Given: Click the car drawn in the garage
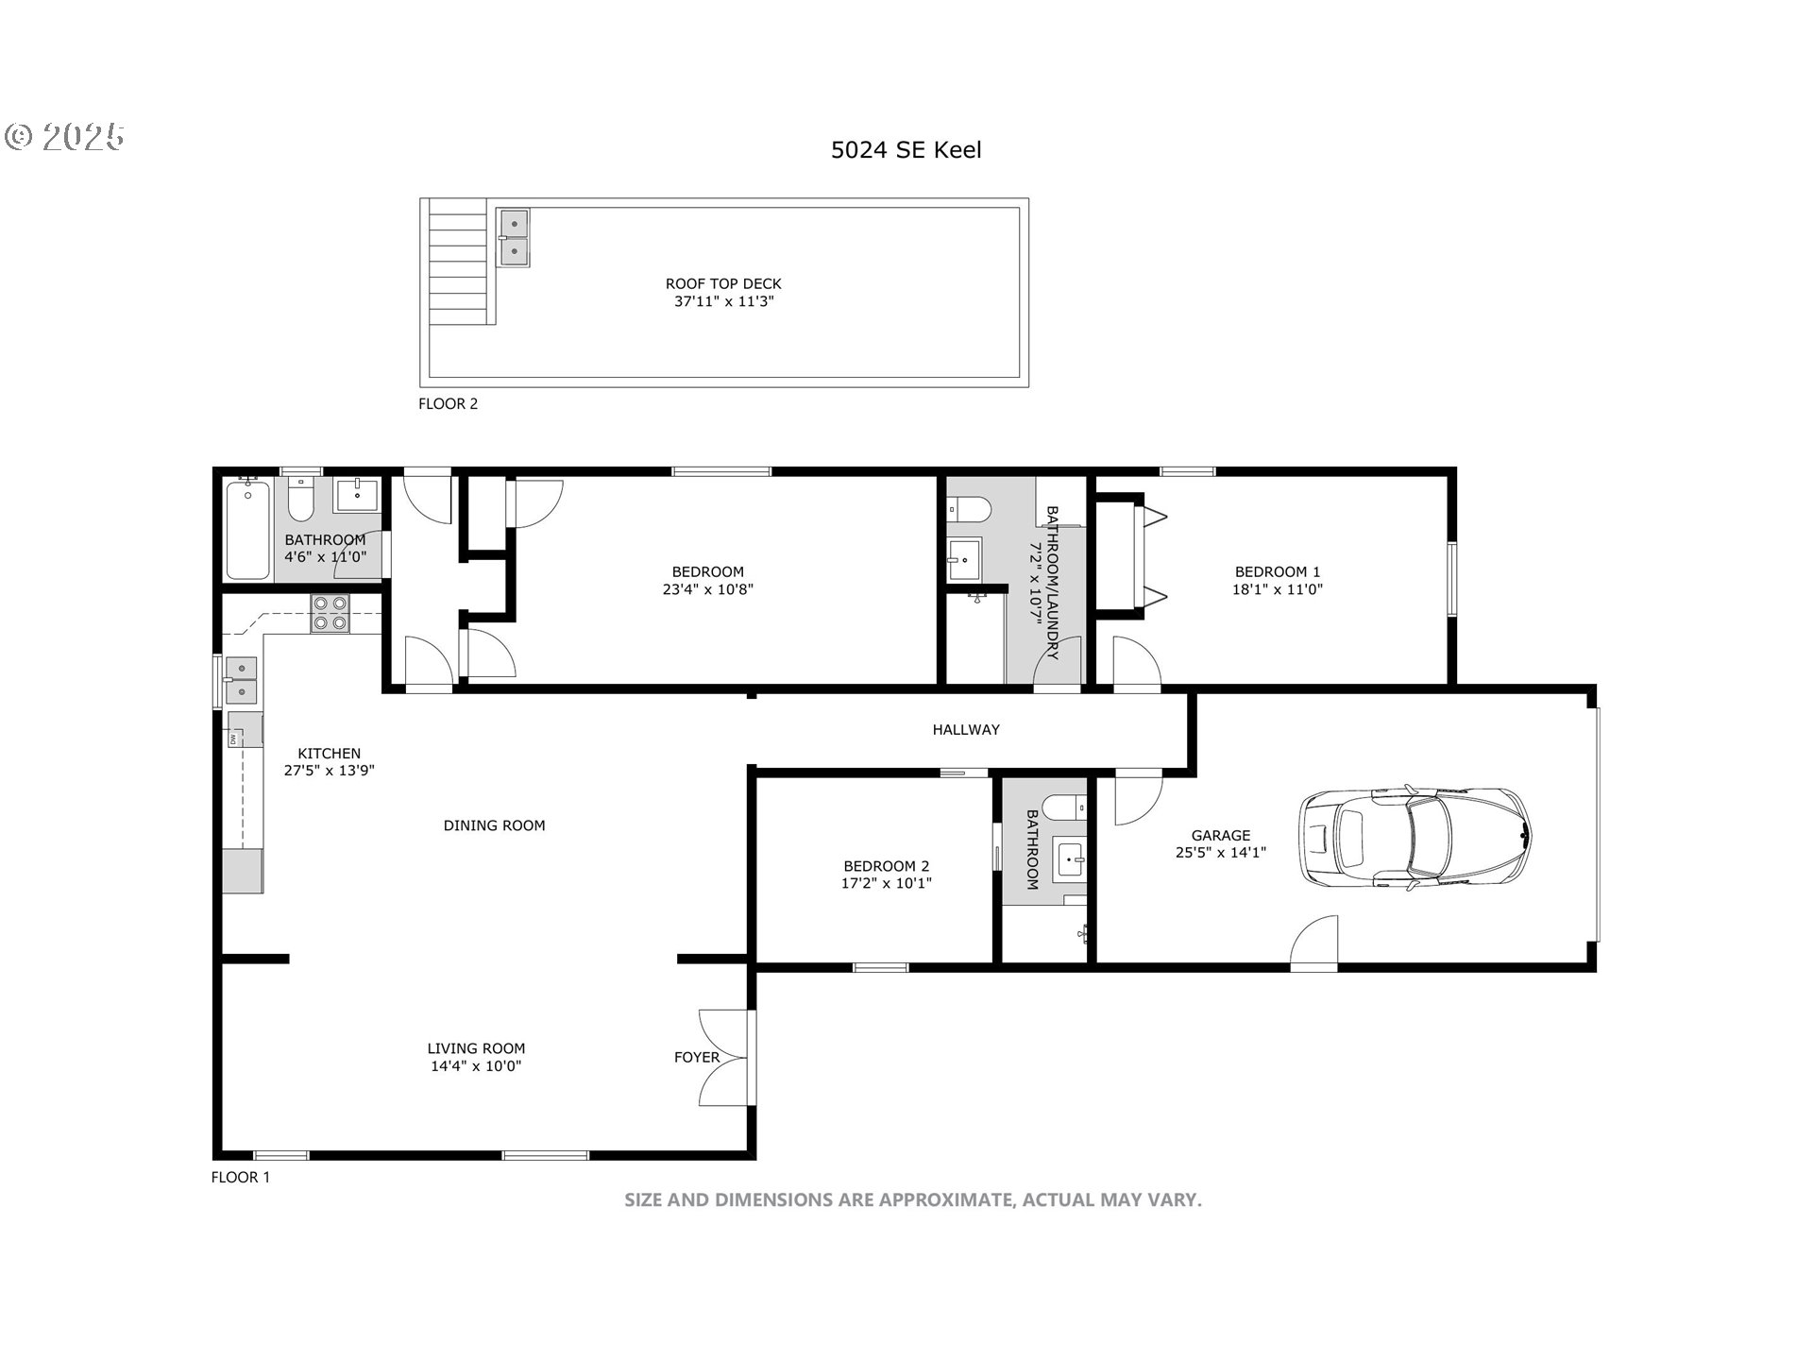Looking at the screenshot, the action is [1415, 837].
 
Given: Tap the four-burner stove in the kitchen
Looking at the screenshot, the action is [330, 612].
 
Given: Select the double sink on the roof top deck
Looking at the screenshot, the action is [514, 238].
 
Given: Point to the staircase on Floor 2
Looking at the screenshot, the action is [458, 262].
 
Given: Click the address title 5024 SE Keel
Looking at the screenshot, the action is [906, 150].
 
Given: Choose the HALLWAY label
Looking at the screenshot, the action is [966, 729].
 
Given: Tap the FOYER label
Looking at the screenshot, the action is [697, 1057].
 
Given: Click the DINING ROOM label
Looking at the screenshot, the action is [494, 825].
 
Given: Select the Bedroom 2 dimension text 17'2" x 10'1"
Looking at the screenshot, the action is [887, 884].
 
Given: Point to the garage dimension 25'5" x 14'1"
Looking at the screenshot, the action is [1221, 852].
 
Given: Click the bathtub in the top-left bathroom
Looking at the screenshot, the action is [248, 530].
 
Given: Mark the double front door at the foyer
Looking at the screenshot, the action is [725, 1057].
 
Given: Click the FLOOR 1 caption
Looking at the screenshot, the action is [240, 1177].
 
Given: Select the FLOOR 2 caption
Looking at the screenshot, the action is [448, 403].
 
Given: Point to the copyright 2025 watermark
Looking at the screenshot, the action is [65, 137].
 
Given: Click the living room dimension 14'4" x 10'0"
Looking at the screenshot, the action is [476, 1066].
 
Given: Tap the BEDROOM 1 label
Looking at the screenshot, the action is [1278, 571].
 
